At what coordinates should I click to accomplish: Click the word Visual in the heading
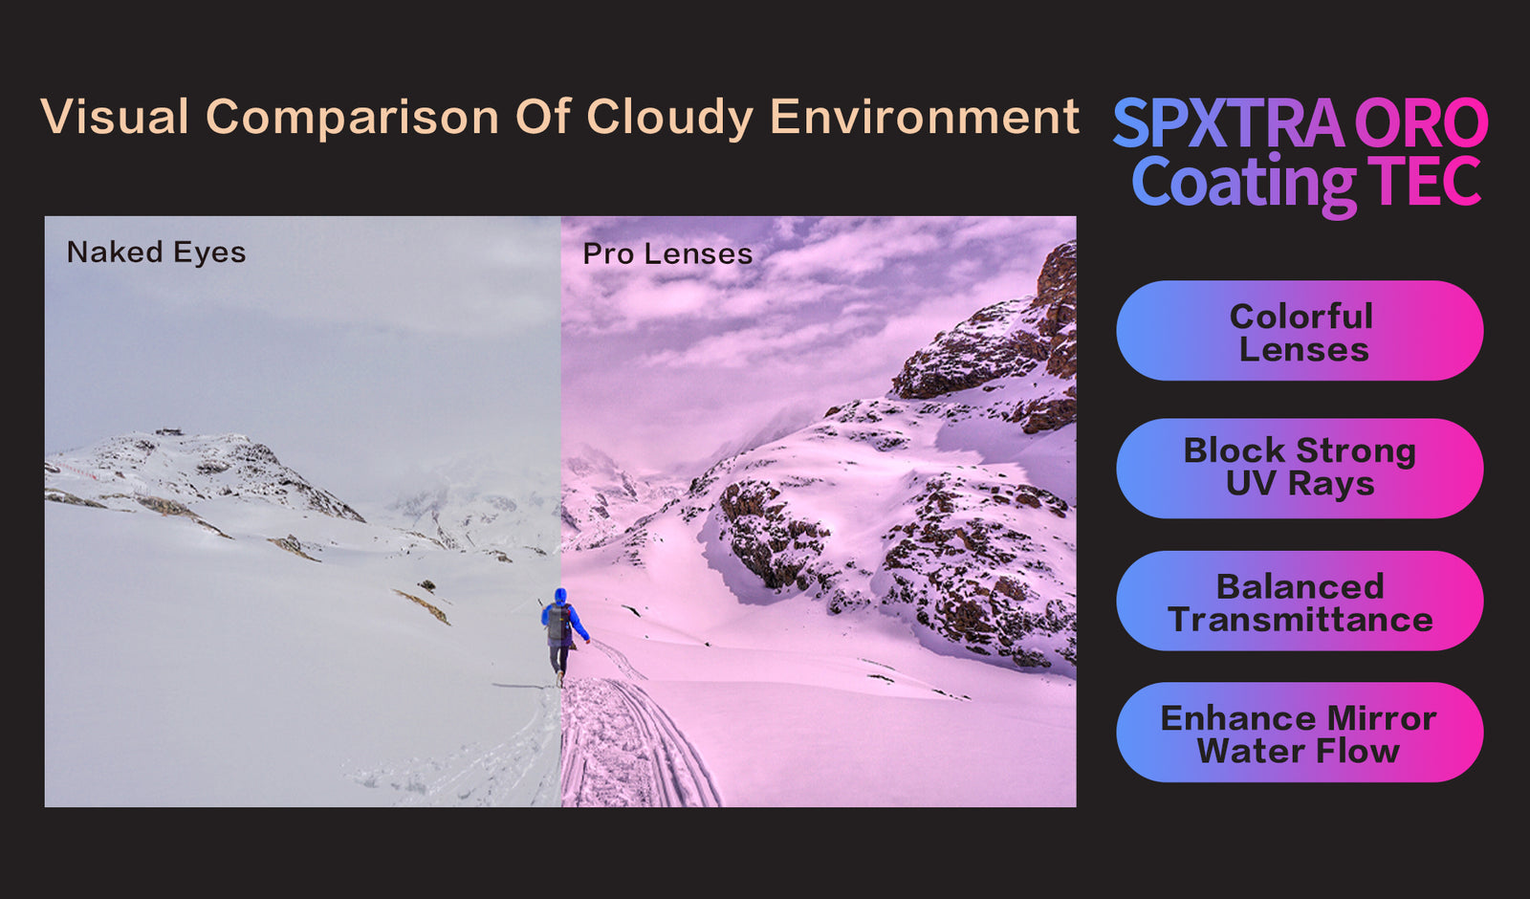coord(114,117)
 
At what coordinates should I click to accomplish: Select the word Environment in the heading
coord(924,117)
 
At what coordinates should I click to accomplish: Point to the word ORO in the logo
coord(1421,123)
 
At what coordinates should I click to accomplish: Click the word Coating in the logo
coord(1243,182)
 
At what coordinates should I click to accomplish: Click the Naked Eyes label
coord(156,252)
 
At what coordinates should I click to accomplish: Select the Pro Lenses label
coord(667,254)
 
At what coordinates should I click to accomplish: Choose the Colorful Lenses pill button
coord(1300,331)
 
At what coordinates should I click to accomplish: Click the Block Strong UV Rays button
coord(1300,468)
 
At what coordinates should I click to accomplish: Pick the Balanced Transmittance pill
coord(1300,601)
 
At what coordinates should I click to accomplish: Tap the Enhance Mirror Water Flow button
coord(1300,733)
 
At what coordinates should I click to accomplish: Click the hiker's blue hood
coord(560,596)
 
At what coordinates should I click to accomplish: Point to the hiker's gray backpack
coord(558,623)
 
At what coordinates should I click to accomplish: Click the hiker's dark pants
coord(560,659)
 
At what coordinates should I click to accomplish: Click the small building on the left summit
coord(169,431)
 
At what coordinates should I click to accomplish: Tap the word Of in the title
coord(543,117)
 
